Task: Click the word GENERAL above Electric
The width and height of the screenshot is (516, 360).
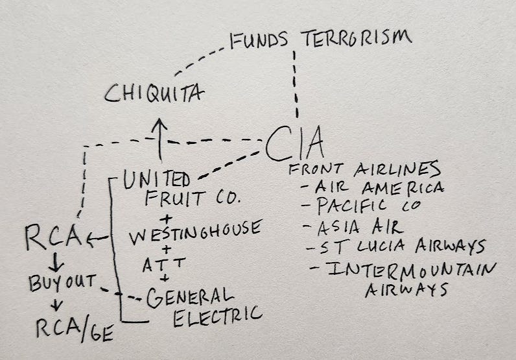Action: click(189, 298)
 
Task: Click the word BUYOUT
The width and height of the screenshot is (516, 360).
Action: click(62, 283)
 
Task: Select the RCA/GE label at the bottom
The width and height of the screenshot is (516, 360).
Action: click(73, 331)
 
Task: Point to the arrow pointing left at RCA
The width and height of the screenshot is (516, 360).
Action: click(99, 239)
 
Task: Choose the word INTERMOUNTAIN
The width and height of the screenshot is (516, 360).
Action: click(412, 268)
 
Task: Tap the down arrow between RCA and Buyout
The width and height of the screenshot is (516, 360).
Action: click(55, 263)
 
